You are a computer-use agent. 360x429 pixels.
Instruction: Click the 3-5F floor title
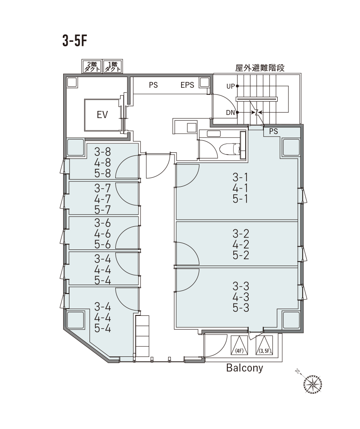(75, 41)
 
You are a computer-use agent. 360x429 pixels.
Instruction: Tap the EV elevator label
(102, 114)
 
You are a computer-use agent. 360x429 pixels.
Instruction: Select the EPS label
(187, 85)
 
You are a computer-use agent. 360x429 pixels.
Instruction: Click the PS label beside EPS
(154, 85)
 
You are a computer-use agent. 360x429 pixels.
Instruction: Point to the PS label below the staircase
(273, 131)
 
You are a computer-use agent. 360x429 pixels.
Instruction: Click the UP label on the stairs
(231, 86)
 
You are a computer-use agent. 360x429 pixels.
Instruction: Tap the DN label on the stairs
(231, 112)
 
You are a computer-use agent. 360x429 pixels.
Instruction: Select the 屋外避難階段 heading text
(260, 68)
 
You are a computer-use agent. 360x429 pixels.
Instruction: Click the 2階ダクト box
(92, 66)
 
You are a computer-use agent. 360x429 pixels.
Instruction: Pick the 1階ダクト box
(113, 66)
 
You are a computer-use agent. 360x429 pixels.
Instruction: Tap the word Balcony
(245, 368)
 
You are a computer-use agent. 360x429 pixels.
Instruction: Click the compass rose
(312, 384)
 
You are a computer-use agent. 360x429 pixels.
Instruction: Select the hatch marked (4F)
(239, 345)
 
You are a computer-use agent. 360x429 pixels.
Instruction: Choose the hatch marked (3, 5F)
(264, 345)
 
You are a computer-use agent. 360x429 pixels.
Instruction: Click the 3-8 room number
(102, 151)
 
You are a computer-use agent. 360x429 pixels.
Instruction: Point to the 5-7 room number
(102, 209)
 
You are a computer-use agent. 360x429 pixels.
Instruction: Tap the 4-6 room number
(102, 233)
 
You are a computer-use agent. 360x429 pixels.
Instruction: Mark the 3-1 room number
(241, 177)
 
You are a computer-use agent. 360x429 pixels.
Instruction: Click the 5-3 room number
(241, 308)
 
